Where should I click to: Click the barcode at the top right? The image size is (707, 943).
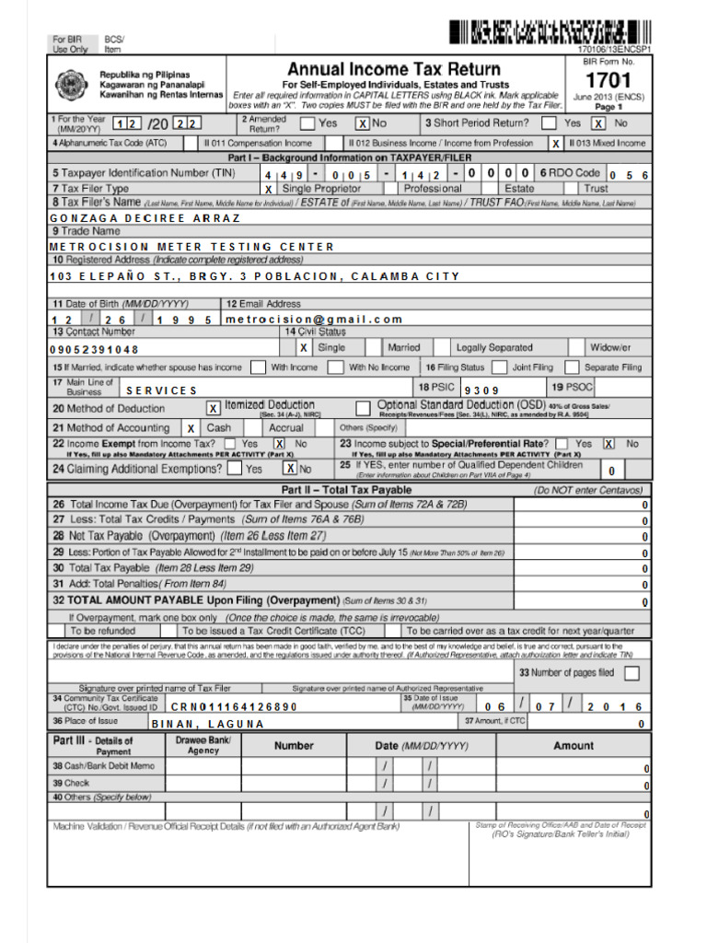click(550, 33)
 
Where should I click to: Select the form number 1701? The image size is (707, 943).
click(608, 80)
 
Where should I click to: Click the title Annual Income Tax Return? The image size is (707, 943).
click(394, 69)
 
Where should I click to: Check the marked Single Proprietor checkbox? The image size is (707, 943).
click(269, 189)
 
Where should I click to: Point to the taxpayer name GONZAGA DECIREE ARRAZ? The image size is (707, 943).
click(145, 218)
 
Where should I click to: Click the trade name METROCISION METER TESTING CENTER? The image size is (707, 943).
click(191, 247)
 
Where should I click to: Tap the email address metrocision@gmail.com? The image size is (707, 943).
click(314, 320)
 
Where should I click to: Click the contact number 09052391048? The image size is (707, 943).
click(94, 350)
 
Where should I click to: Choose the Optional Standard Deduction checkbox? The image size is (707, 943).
click(362, 407)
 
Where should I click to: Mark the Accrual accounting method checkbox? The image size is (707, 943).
click(254, 428)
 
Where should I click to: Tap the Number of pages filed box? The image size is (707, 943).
click(632, 673)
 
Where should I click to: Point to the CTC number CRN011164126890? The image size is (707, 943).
click(234, 706)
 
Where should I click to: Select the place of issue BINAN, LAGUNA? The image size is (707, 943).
click(207, 724)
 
